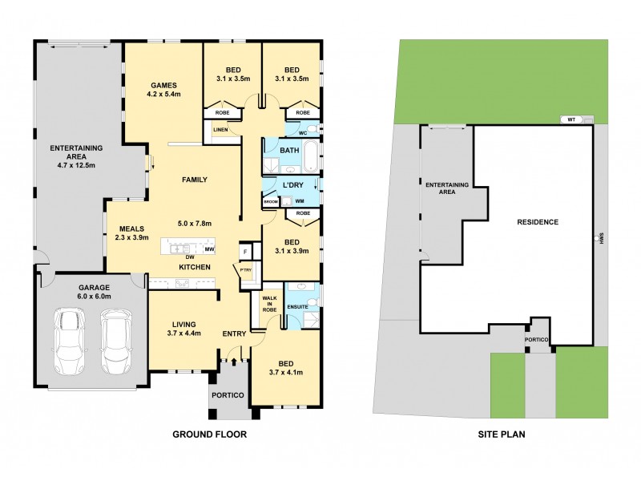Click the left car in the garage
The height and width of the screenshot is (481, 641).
[x=68, y=342]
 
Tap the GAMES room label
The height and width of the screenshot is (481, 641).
[x=163, y=85]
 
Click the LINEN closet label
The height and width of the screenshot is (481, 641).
[x=220, y=128]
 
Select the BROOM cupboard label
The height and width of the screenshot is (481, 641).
[x=270, y=201]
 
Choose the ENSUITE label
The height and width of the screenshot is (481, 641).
[x=298, y=305]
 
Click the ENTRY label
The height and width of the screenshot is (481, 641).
[x=235, y=333]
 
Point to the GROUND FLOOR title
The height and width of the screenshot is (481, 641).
[x=210, y=435]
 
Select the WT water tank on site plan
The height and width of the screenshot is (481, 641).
[x=571, y=119]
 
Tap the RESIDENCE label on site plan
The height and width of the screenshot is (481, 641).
[x=537, y=222]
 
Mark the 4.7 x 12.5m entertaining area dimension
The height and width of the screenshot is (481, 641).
[x=73, y=166]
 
